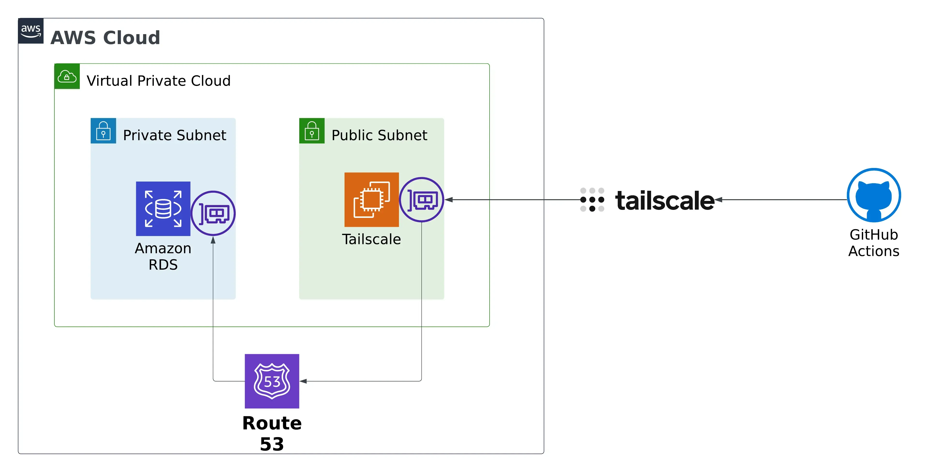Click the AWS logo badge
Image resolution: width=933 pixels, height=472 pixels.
[31, 31]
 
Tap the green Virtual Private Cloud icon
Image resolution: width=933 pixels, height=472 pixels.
[67, 76]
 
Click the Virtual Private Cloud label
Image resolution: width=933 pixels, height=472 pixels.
[159, 81]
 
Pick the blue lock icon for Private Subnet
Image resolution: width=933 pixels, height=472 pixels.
[103, 131]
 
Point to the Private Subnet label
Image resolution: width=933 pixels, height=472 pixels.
[175, 135]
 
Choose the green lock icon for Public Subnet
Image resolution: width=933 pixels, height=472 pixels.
[312, 131]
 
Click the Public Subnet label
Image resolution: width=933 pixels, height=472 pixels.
[379, 135]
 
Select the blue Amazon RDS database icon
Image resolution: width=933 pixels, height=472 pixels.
[163, 209]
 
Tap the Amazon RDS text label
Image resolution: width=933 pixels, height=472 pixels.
[163, 256]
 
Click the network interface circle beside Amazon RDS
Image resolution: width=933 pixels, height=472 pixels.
[213, 213]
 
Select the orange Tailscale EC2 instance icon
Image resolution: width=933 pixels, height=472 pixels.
[372, 200]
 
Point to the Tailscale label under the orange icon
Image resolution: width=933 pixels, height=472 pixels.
[372, 239]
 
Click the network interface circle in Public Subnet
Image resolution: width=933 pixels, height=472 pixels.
[422, 200]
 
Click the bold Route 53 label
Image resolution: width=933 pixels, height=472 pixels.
[272, 433]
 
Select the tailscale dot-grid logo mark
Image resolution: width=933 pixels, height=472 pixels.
[592, 200]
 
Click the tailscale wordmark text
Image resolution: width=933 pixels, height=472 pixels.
[665, 200]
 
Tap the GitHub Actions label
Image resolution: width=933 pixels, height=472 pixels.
[874, 243]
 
